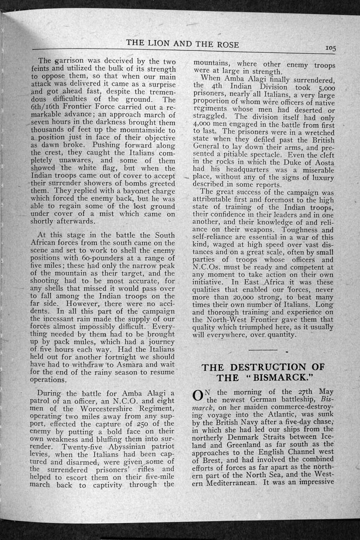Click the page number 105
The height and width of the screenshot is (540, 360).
click(x=330, y=49)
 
